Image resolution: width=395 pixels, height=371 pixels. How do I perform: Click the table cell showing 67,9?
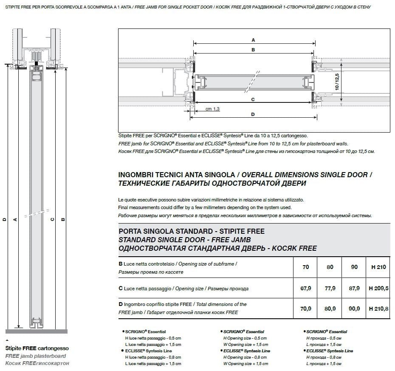(x=306, y=288)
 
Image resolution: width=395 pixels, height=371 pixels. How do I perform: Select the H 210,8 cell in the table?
(x=378, y=309)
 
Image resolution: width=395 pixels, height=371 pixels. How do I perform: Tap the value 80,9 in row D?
(x=330, y=309)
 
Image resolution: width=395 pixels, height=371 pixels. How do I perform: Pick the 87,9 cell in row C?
(x=354, y=288)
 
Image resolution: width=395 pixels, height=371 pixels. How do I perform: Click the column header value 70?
(x=306, y=267)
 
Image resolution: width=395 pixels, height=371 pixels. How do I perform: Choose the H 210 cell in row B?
(x=378, y=267)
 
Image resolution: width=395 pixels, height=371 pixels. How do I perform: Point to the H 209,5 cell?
(x=378, y=288)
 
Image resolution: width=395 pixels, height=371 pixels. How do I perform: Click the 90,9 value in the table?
(x=354, y=309)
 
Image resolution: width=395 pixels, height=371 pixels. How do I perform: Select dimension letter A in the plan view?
(x=253, y=40)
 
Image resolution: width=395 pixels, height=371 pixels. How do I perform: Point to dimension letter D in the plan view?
(x=253, y=114)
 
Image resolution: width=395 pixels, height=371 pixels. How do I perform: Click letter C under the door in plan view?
(x=253, y=99)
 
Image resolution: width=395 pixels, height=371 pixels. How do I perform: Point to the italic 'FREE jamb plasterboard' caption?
(x=35, y=356)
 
